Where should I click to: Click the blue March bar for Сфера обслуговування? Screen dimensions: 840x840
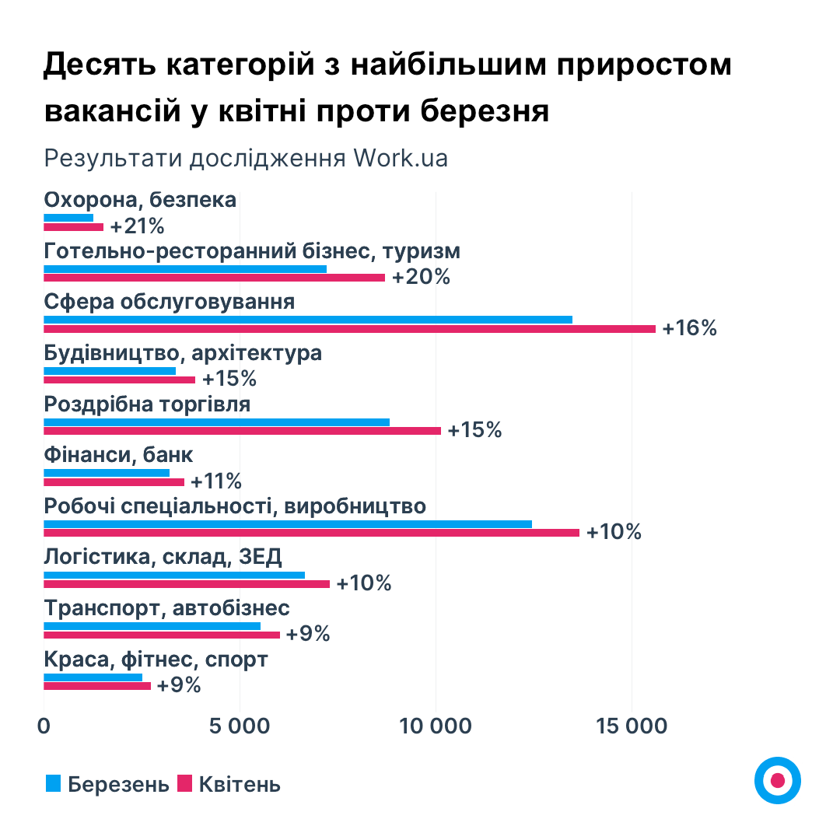point(308,319)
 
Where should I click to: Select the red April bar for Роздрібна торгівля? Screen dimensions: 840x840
point(242,431)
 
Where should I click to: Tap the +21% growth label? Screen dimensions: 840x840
point(138,227)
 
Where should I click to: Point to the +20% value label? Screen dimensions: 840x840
point(421,278)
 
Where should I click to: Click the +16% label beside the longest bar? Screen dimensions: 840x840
point(689,328)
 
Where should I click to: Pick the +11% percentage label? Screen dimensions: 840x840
point(216,481)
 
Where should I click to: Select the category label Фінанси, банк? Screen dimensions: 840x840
point(119,455)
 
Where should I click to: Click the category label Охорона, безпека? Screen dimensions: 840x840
point(140,200)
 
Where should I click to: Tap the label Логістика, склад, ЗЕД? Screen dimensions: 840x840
point(163,557)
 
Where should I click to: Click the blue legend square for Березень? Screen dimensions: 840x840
point(53,783)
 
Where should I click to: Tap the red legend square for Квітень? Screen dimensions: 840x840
point(184,783)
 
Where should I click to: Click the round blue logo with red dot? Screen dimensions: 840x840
point(777,779)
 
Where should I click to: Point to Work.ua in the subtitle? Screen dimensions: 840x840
point(401,158)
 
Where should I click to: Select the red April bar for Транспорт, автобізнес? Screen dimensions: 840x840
point(162,635)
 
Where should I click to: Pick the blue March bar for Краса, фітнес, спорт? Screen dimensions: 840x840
point(93,677)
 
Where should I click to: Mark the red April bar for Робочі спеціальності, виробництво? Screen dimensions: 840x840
point(311,533)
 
